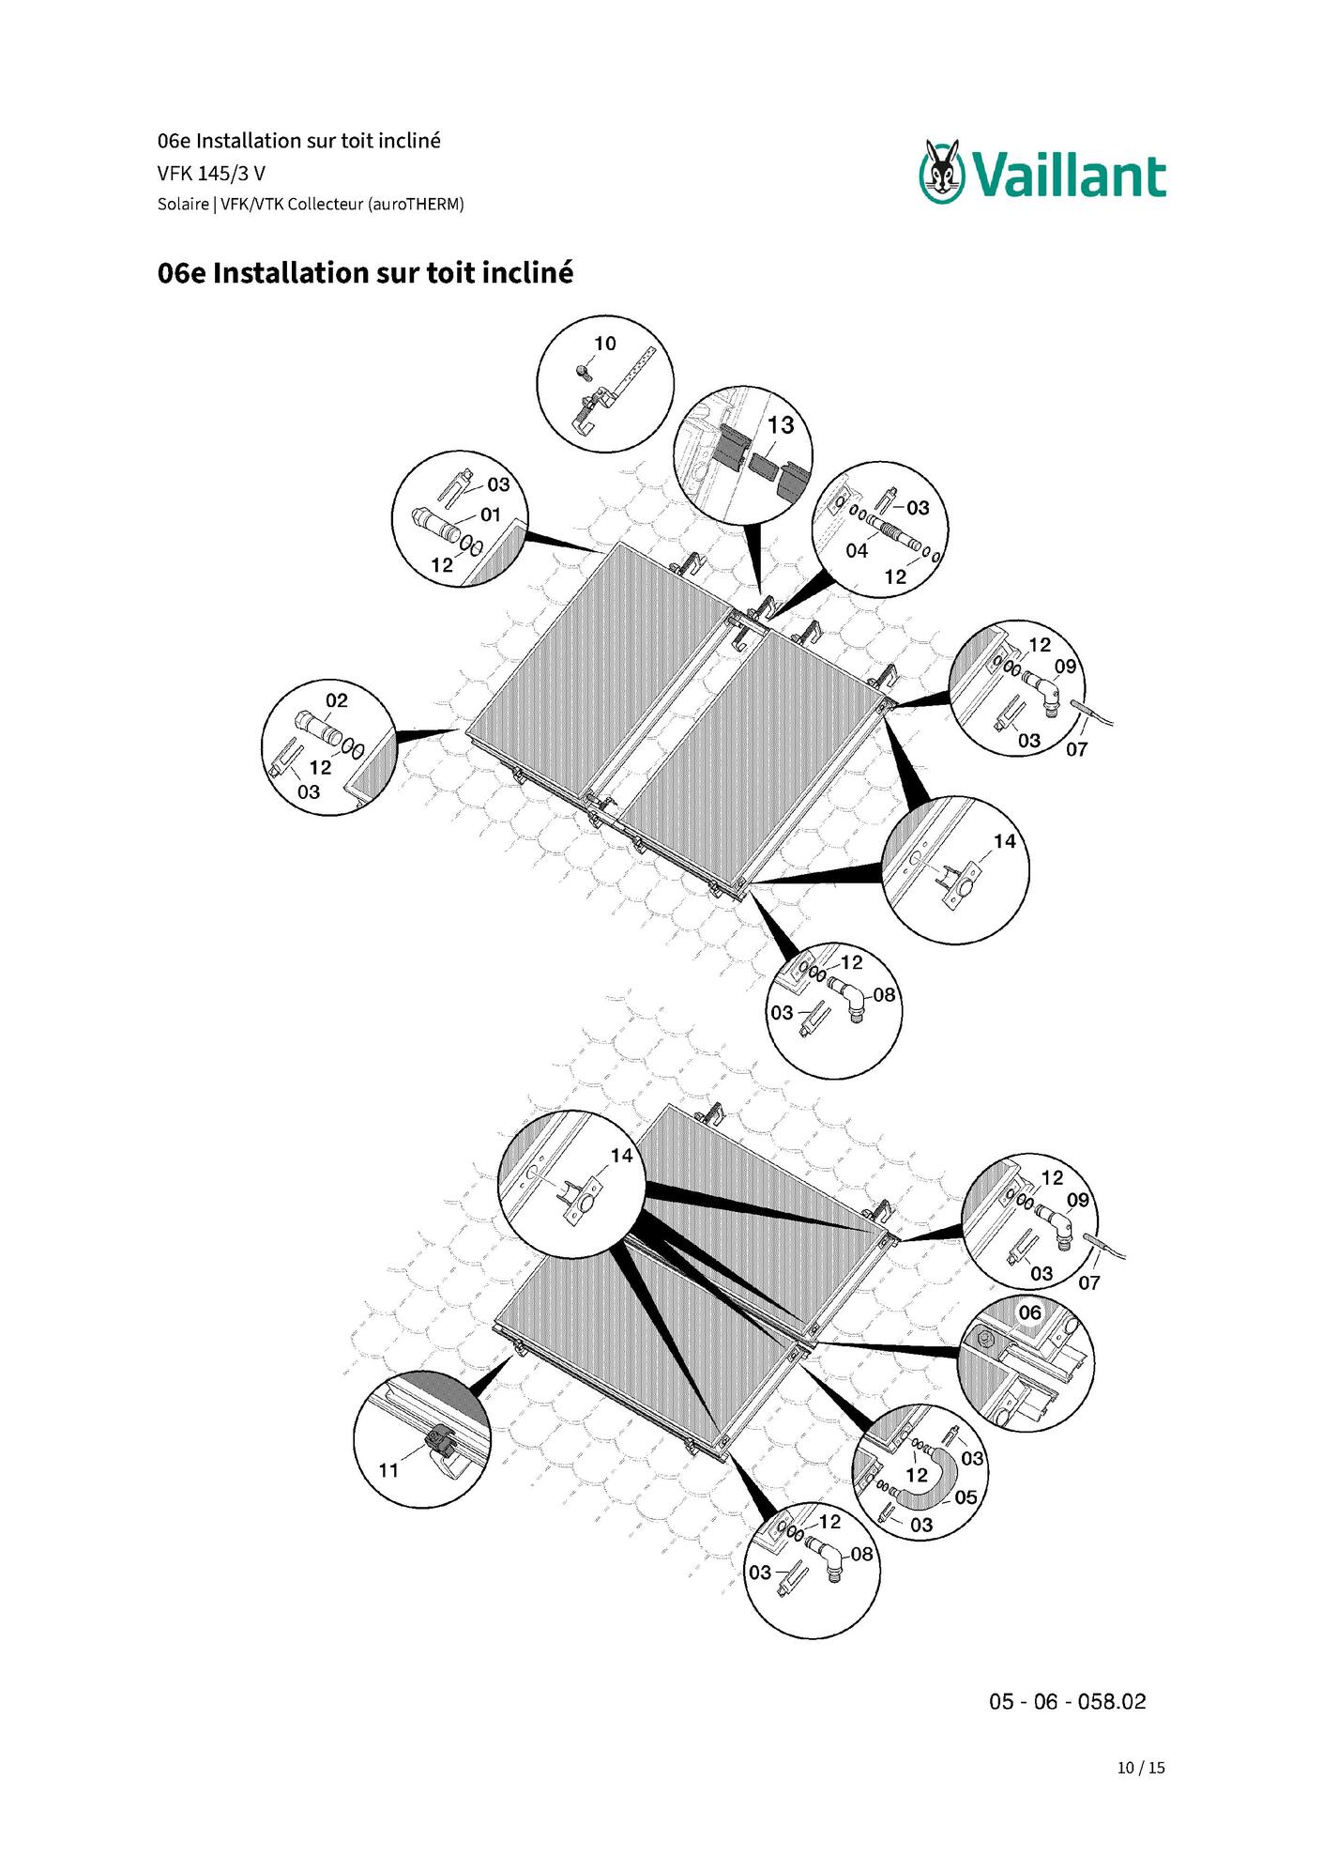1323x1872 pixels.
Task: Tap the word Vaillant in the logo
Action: tap(1069, 176)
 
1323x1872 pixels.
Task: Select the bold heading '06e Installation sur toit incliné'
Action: tap(365, 273)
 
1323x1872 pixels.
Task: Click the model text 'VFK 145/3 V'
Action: tap(211, 174)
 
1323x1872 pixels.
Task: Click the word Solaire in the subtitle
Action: tap(183, 204)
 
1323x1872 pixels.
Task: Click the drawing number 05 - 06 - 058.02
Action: tap(1068, 1702)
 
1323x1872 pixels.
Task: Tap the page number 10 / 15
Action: tap(1141, 1768)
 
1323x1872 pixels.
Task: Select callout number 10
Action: tap(605, 344)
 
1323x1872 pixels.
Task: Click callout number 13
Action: tap(781, 425)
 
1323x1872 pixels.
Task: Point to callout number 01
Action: tap(491, 514)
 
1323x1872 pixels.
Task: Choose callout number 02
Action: tap(337, 700)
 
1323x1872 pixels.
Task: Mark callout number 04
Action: tap(857, 551)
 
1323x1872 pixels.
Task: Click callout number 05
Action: tap(966, 1497)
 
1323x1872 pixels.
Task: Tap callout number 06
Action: tap(1030, 1312)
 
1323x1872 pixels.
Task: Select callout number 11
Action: tap(388, 1470)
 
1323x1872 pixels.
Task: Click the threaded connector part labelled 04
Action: tap(891, 532)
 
